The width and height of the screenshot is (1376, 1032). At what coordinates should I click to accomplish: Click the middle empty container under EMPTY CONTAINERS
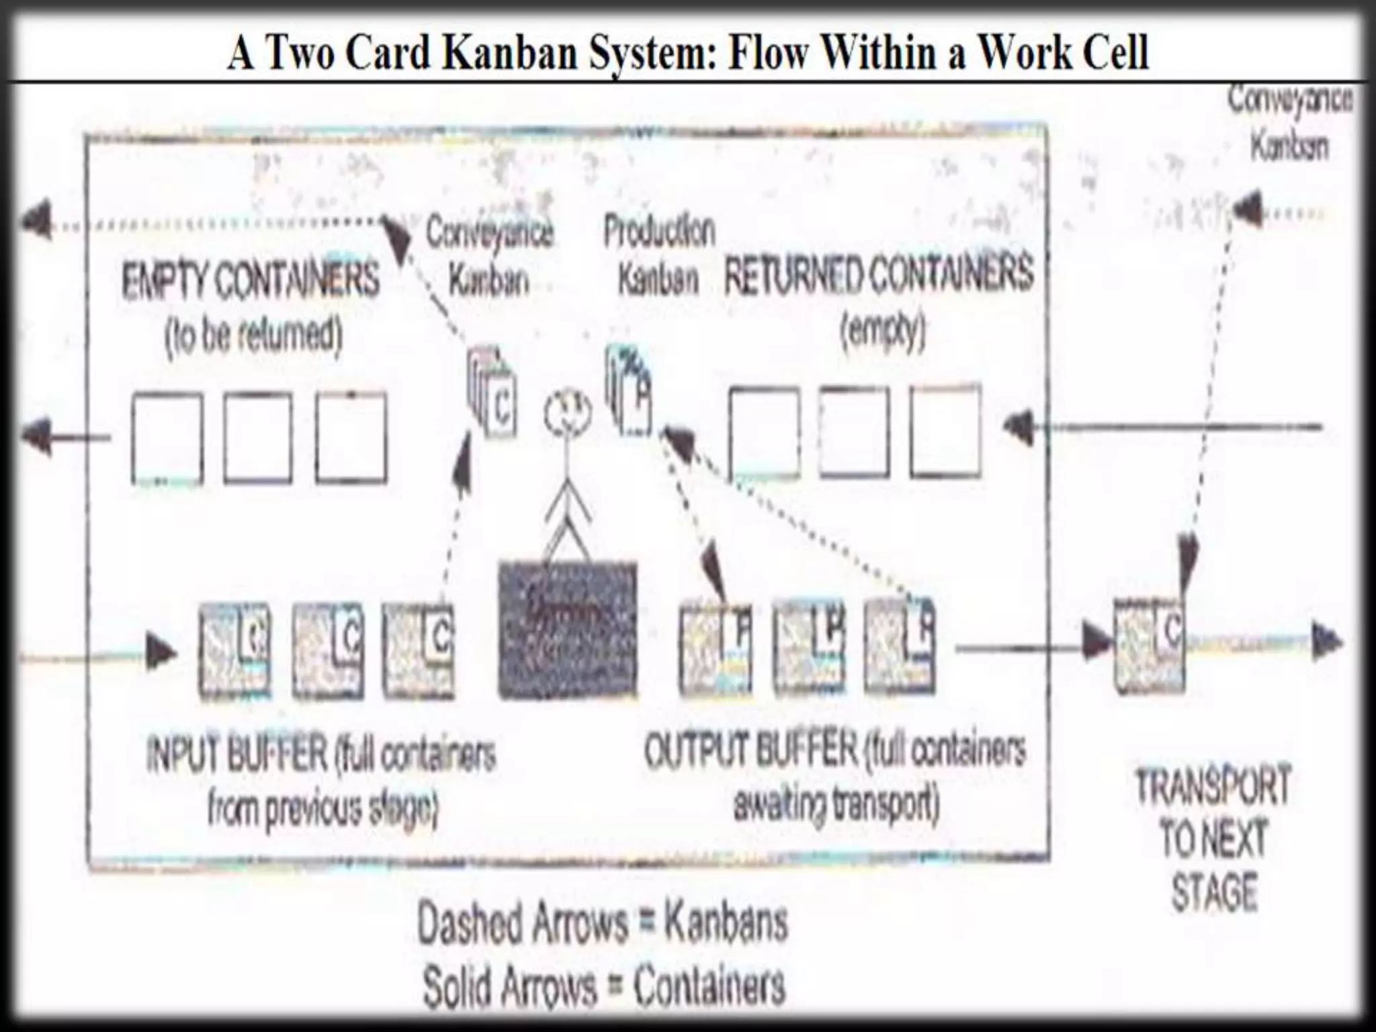[258, 438]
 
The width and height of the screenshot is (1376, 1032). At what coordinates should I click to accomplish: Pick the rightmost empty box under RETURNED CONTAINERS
[945, 432]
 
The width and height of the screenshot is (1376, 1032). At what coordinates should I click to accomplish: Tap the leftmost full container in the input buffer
[235, 649]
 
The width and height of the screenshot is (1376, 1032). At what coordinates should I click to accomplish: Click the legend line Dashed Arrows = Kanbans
[602, 924]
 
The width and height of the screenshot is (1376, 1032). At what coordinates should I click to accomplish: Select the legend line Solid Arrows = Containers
[603, 986]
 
